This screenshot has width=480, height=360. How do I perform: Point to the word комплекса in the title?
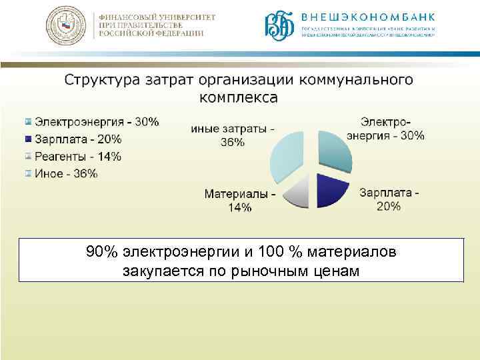click(x=239, y=98)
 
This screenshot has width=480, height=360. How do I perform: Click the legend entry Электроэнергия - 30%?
click(x=97, y=122)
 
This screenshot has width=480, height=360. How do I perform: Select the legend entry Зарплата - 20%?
click(x=78, y=139)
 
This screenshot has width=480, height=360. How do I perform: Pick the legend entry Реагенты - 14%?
click(x=78, y=157)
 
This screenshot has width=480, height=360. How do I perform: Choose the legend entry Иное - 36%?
click(x=66, y=174)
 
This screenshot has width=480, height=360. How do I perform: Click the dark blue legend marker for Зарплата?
click(x=28, y=139)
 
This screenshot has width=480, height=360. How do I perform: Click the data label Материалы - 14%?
click(x=240, y=201)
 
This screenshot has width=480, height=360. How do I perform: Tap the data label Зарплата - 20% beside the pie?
click(x=389, y=199)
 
